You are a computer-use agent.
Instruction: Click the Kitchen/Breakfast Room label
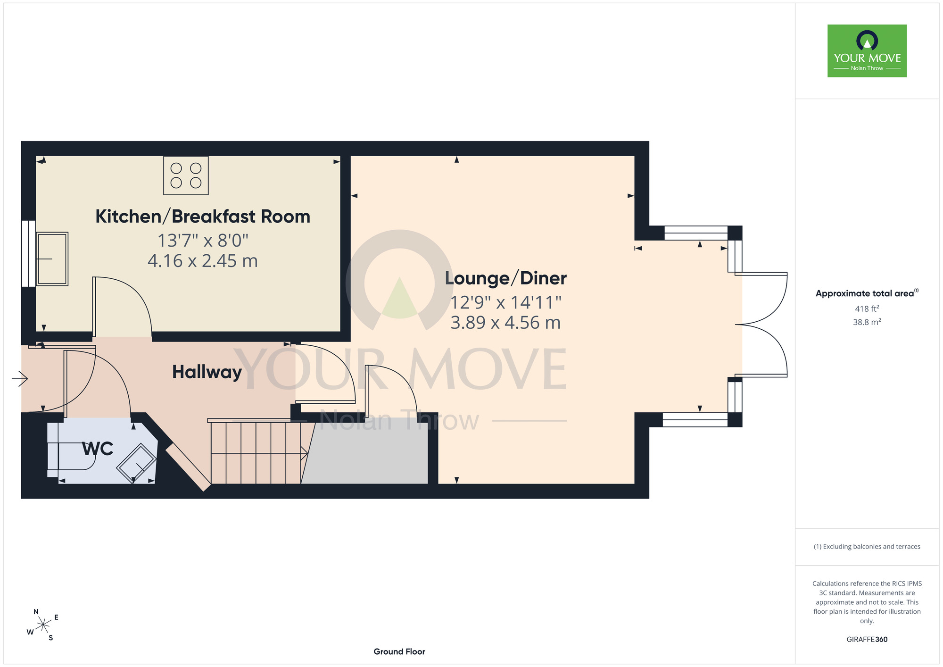click(x=203, y=217)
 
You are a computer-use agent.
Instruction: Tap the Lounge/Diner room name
click(x=506, y=278)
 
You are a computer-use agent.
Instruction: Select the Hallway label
click(x=207, y=372)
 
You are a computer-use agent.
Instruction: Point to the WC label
click(x=98, y=449)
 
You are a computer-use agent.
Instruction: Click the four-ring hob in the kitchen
click(x=186, y=175)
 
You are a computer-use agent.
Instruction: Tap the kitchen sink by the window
click(x=52, y=258)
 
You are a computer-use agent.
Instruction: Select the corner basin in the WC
click(x=137, y=462)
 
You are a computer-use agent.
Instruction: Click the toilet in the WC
click(x=71, y=450)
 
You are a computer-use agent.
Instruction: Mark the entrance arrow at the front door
click(x=20, y=378)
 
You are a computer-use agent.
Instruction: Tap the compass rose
click(x=43, y=625)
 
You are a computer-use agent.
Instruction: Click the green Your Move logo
click(x=867, y=51)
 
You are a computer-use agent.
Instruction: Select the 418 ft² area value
click(x=867, y=308)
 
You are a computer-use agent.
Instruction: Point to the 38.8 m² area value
click(x=867, y=322)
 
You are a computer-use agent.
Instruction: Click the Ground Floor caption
click(x=399, y=651)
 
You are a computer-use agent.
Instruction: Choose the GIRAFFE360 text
click(x=867, y=640)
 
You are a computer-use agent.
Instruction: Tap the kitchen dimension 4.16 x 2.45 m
click(x=203, y=261)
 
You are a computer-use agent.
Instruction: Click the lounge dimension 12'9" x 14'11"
click(x=506, y=302)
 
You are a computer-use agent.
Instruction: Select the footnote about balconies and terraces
click(x=867, y=547)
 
